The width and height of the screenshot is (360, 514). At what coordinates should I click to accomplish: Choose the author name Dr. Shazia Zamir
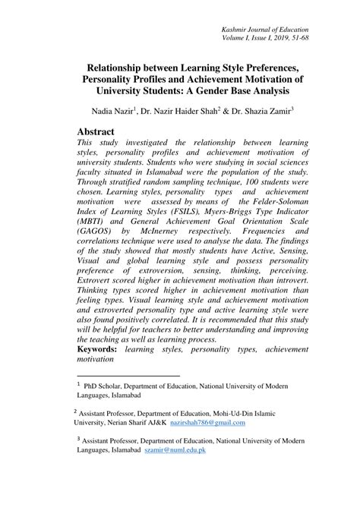[261, 111]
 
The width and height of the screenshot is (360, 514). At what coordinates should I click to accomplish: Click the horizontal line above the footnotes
[129, 375]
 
